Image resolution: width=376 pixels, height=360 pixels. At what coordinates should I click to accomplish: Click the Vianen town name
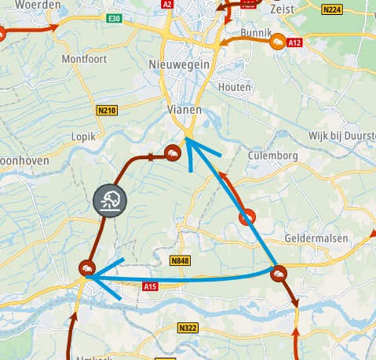pos(184,111)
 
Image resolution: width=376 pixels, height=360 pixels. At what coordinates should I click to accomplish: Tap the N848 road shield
pos(181,259)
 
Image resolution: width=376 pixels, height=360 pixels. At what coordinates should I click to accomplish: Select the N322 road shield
pos(188,327)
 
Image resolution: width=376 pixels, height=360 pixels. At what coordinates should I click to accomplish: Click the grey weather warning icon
pos(110,200)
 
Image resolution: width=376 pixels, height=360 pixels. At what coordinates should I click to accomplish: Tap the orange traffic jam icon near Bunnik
pos(277,42)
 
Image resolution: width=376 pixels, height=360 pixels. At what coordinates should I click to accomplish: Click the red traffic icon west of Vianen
pos(172,152)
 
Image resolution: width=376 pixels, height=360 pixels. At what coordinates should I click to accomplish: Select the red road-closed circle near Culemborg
pos(248,216)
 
